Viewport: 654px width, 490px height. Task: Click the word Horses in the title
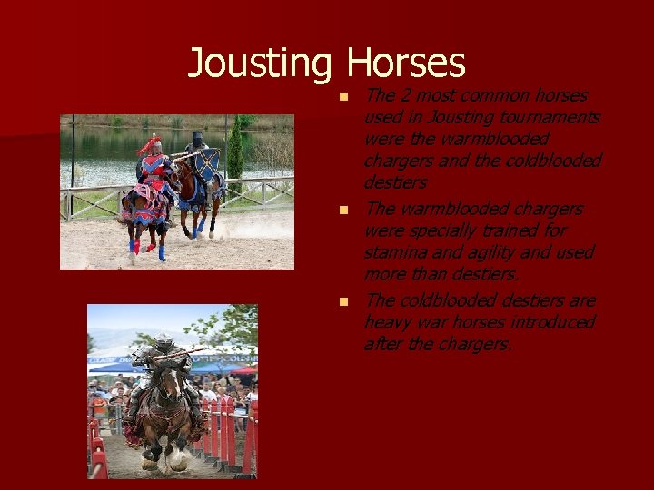(405, 64)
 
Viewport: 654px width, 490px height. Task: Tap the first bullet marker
(343, 96)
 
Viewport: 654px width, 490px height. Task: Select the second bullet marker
(343, 210)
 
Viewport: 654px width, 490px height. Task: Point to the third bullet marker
(343, 301)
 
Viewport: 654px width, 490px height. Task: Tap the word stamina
(395, 252)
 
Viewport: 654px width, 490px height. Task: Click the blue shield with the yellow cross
(208, 166)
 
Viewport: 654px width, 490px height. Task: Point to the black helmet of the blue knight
(197, 138)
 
